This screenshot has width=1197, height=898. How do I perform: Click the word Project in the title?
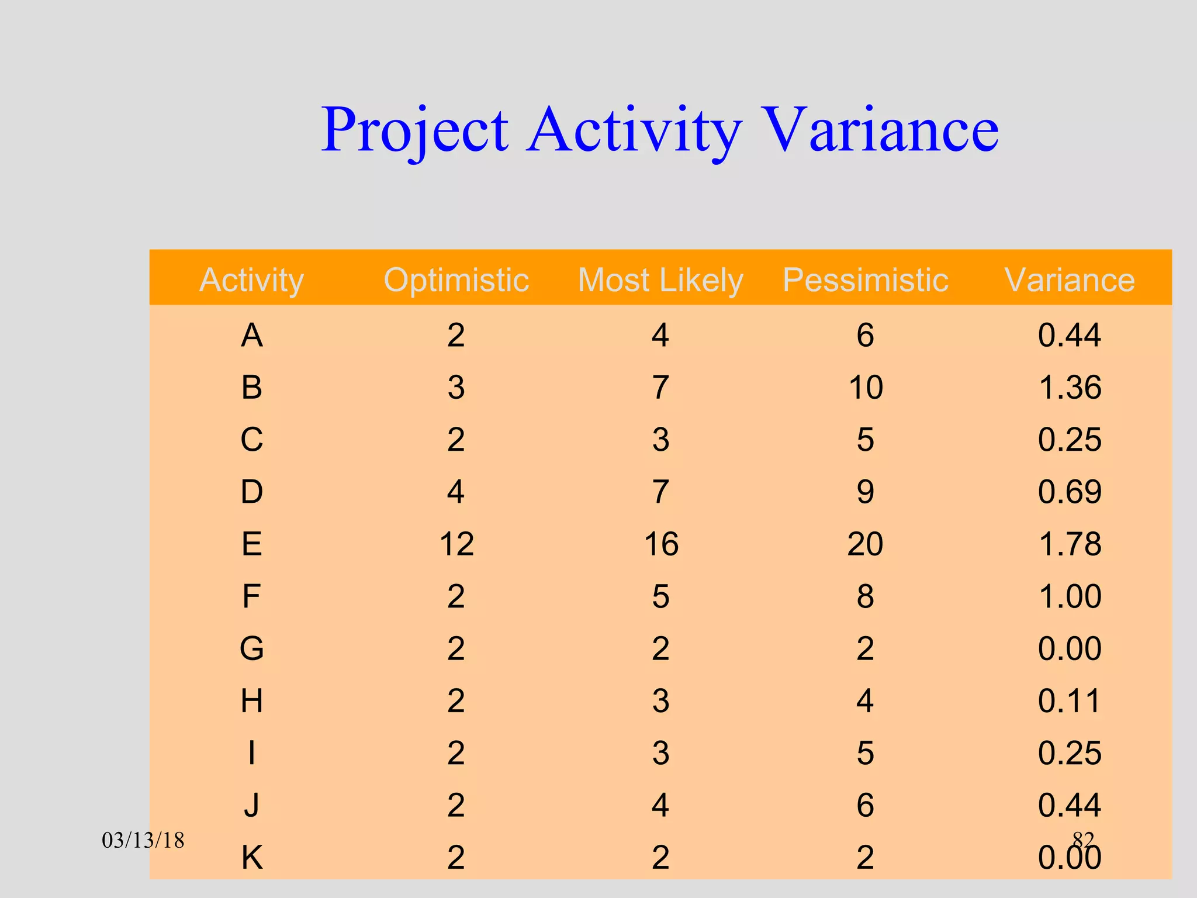click(x=415, y=130)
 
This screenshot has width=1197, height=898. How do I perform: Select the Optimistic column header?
click(x=456, y=279)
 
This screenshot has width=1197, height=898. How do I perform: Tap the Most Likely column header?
click(x=660, y=279)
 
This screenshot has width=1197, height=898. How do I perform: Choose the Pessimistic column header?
click(x=865, y=279)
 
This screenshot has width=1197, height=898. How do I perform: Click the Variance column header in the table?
click(x=1070, y=279)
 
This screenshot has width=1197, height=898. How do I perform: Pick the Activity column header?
click(x=251, y=279)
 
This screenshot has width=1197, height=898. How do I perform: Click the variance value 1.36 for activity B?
click(x=1070, y=387)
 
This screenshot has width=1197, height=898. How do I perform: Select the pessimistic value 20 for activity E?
click(x=865, y=544)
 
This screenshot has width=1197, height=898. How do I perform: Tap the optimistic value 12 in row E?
click(x=456, y=544)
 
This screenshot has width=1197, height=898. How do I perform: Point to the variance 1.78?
click(x=1070, y=544)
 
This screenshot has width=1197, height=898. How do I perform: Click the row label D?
click(x=251, y=492)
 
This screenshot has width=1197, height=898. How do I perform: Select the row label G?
click(x=251, y=648)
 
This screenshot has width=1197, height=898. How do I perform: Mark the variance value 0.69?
click(x=1070, y=492)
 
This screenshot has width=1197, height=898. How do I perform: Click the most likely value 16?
click(x=660, y=544)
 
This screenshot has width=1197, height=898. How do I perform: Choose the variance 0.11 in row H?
click(x=1070, y=700)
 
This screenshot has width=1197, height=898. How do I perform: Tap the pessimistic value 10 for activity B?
click(x=865, y=387)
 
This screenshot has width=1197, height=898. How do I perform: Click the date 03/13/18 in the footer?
click(x=143, y=841)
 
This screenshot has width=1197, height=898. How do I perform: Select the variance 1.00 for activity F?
click(x=1070, y=596)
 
